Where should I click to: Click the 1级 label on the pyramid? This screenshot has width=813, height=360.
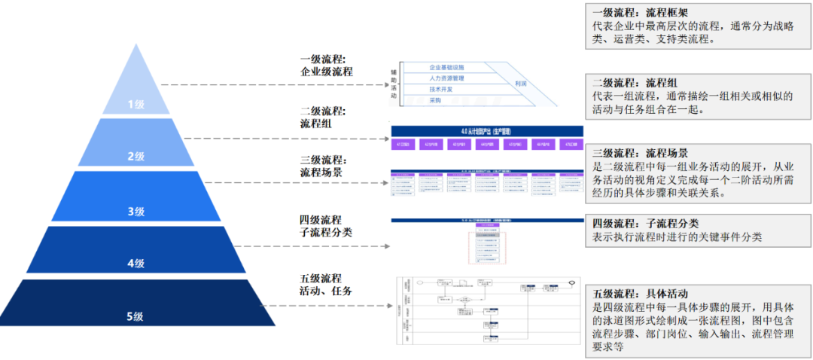click(135, 105)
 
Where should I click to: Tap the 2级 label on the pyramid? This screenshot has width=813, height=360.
click(135, 157)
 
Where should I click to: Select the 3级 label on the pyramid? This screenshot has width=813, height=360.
click(135, 212)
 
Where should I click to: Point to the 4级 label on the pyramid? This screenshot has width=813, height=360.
click(135, 264)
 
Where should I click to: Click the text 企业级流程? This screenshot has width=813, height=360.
click(326, 72)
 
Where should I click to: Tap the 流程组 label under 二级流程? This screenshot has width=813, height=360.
click(315, 124)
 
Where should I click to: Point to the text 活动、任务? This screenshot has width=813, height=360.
click(326, 291)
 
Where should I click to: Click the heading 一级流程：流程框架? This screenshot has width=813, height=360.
click(640, 13)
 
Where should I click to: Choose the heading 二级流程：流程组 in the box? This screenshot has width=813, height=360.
click(635, 82)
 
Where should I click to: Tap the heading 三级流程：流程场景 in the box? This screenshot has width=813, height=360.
click(640, 151)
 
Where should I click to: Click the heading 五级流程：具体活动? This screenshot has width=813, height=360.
click(640, 293)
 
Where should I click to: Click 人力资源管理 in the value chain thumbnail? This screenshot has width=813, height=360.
click(446, 78)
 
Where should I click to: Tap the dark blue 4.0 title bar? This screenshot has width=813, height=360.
click(487, 130)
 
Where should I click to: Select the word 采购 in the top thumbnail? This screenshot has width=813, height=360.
click(435, 100)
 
